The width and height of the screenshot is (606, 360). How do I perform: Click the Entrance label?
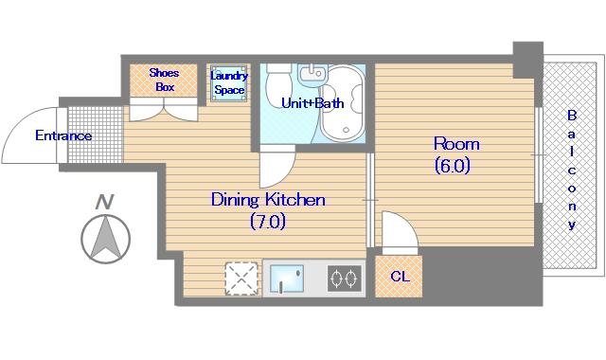[63, 135]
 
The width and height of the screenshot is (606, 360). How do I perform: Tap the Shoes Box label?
[164, 80]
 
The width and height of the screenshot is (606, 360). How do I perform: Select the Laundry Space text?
[229, 82]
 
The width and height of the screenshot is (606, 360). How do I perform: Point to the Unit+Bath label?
[312, 103]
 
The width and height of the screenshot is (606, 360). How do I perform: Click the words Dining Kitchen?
[268, 200]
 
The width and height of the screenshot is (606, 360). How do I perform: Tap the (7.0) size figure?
[268, 222]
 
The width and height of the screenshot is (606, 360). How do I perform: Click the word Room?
[456, 144]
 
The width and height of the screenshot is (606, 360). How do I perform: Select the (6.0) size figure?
[453, 166]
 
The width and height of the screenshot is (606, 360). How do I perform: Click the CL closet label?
[400, 277]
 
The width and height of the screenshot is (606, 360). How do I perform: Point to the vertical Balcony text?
[572, 170]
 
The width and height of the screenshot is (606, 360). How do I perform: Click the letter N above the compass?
[104, 202]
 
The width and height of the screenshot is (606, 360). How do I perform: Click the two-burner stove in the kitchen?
[345, 278]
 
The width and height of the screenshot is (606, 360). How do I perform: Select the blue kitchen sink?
[286, 279]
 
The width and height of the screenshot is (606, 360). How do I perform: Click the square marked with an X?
[241, 279]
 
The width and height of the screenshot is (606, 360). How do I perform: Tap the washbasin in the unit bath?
[312, 75]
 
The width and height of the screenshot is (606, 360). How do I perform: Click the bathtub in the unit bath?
[343, 103]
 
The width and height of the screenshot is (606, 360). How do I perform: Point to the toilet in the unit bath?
[278, 83]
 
